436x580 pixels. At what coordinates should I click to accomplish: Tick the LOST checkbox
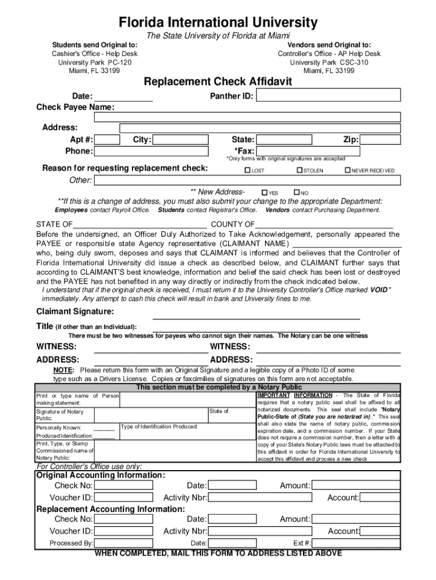click(247, 170)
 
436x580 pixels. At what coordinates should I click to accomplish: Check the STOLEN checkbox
click(300, 170)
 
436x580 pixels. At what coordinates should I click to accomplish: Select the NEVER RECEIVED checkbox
click(348, 170)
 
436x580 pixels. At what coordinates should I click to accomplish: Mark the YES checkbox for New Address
click(264, 192)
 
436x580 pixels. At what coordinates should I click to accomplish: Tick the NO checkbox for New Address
click(297, 192)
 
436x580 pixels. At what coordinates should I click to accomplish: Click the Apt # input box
click(107, 140)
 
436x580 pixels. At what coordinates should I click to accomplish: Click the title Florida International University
click(218, 23)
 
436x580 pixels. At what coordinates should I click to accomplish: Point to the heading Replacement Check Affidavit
click(218, 82)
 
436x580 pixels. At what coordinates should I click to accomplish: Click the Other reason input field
click(247, 180)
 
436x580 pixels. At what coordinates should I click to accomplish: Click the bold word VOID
click(379, 289)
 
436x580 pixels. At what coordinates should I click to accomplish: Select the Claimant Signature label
click(75, 312)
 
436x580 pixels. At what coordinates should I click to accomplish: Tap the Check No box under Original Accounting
click(123, 485)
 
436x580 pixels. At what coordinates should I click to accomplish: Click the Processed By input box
click(123, 543)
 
